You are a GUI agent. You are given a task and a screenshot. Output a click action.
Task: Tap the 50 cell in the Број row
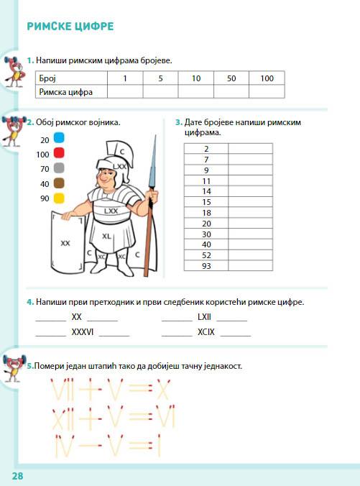coord(231,78)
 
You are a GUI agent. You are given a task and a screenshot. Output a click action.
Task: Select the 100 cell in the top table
coord(267,78)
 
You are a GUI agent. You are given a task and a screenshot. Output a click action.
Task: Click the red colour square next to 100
coord(59,152)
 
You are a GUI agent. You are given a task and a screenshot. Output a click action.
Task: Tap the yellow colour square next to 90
coord(59,198)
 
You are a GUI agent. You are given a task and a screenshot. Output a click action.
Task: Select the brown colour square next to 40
coord(59,183)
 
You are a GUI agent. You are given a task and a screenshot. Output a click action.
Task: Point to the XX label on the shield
coord(65,243)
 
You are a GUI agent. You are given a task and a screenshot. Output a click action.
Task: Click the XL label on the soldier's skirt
coord(107,235)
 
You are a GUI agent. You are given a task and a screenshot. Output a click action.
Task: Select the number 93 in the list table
coord(206,265)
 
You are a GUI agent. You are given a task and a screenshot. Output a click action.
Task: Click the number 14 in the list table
coord(206,192)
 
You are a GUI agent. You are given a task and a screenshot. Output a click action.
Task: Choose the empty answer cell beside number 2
coord(251,149)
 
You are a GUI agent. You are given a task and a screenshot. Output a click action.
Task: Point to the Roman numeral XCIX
coord(206,332)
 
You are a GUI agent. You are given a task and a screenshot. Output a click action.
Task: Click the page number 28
coord(17,476)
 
